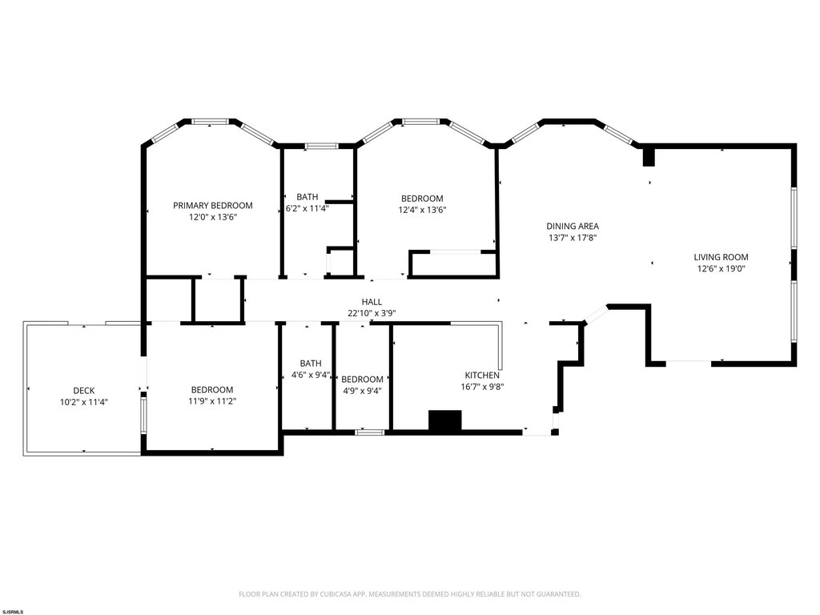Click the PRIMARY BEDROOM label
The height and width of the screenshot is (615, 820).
(213, 206)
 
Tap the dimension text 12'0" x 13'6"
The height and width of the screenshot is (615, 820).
(213, 217)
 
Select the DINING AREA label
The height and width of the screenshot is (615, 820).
(573, 226)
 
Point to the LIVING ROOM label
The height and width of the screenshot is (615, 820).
(721, 257)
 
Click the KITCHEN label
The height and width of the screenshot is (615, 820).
(482, 375)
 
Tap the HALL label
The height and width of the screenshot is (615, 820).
(372, 302)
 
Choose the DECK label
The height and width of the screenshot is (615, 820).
(83, 390)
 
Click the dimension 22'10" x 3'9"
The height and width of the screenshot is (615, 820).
(372, 313)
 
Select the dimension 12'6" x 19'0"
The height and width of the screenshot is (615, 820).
(721, 269)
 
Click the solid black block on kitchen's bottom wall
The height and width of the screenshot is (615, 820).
(445, 421)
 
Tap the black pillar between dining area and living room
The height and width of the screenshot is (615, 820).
(649, 158)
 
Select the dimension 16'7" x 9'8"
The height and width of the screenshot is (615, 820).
(482, 387)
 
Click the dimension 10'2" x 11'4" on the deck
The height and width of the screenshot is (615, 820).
(83, 402)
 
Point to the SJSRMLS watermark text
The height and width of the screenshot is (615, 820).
(13, 611)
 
